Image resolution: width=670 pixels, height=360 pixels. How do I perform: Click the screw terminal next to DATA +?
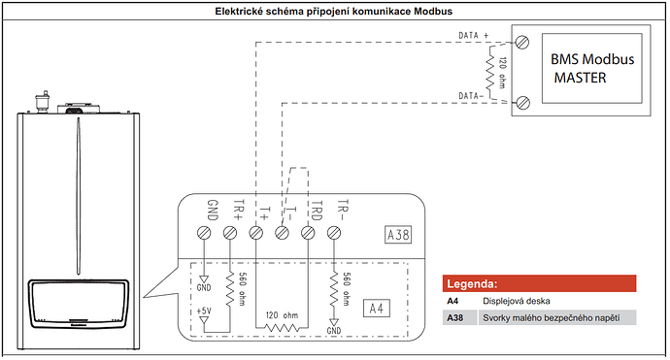523,42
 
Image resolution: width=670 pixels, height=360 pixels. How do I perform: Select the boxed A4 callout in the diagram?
374,308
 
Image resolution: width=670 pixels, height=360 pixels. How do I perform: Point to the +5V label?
204,313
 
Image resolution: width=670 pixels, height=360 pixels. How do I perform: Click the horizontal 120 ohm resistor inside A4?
281,326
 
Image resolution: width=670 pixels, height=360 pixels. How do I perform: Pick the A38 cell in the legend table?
454,317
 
